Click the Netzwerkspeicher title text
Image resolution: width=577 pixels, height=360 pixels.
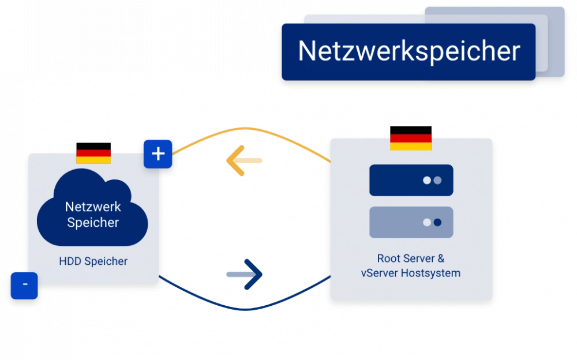pyautogui.click(x=409, y=51)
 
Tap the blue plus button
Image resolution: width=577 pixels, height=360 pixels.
pyautogui.click(x=158, y=154)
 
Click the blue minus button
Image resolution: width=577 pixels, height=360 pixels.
pyautogui.click(x=24, y=285)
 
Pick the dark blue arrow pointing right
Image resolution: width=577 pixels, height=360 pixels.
pyautogui.click(x=245, y=273)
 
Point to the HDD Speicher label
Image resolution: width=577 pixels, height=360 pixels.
pyautogui.click(x=93, y=261)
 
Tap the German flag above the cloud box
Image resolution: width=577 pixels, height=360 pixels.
pyautogui.click(x=93, y=156)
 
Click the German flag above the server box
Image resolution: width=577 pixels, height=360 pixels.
pyautogui.click(x=411, y=142)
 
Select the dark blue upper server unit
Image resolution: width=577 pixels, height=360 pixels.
pyautogui.click(x=411, y=180)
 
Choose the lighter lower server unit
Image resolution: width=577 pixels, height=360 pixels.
pyautogui.click(x=411, y=222)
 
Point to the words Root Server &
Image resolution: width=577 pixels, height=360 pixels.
pyautogui.click(x=411, y=258)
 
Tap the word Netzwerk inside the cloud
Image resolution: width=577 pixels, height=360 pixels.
pyautogui.click(x=93, y=207)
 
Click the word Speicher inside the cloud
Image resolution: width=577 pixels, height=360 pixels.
pyautogui.click(x=93, y=222)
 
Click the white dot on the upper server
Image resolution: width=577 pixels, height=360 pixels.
pyautogui.click(x=427, y=180)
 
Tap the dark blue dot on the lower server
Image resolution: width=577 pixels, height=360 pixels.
pyautogui.click(x=437, y=222)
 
